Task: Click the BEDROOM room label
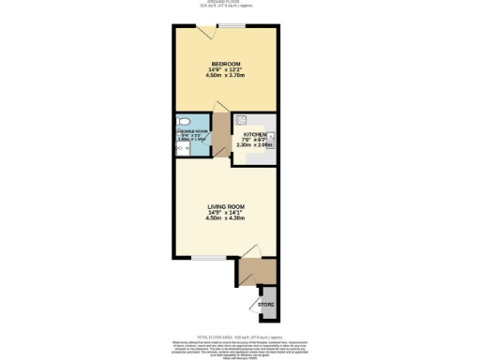(225, 64)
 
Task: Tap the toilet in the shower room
(185, 121)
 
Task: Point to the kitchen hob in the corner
(242, 119)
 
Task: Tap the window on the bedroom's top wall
(229, 26)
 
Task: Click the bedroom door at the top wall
(212, 34)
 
